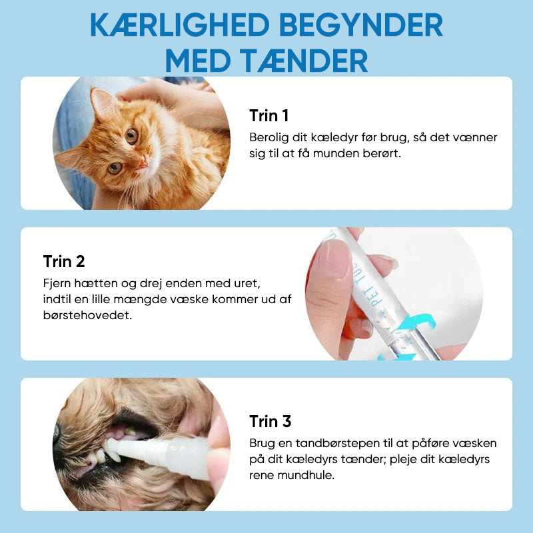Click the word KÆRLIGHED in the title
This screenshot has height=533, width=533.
point(180,25)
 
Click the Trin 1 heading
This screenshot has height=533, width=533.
point(269,115)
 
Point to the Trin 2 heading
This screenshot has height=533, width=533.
point(64,261)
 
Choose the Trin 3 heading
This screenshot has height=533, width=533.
point(270,422)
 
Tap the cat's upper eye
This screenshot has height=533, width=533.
point(131,136)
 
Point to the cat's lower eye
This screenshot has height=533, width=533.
point(115,168)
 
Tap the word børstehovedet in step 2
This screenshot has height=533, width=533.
point(87,315)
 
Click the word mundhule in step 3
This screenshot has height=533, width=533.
point(306,475)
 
